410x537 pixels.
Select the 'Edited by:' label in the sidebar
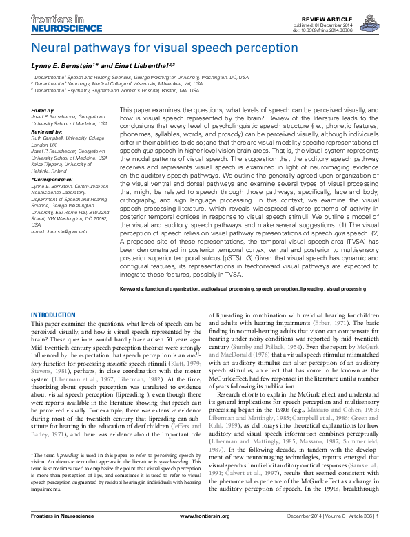43,111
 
